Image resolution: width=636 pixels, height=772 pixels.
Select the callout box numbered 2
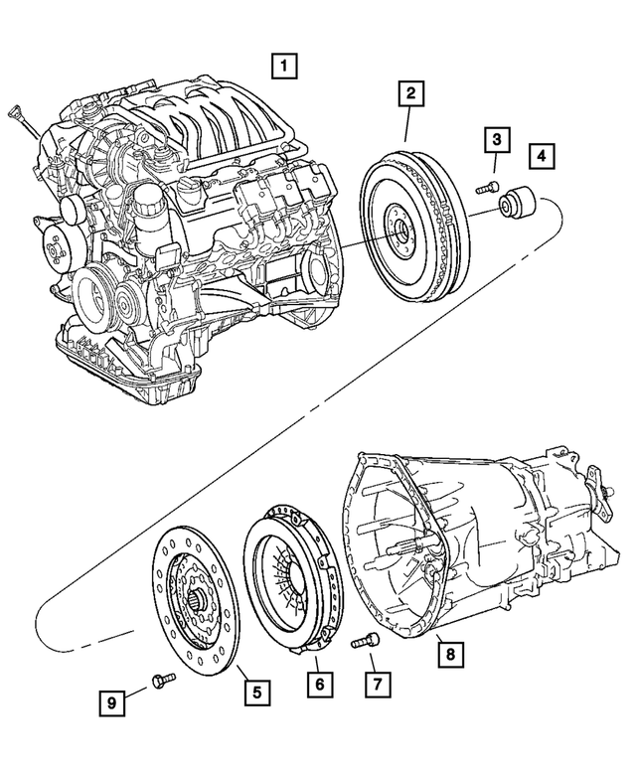(x=408, y=94)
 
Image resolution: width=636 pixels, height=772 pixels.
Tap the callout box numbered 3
(x=497, y=140)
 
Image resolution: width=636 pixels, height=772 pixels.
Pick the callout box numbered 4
(x=542, y=156)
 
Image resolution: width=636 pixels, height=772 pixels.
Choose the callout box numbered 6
(x=319, y=685)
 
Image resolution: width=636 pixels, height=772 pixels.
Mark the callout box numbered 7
(x=379, y=685)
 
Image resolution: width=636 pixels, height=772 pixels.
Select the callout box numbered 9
(x=112, y=702)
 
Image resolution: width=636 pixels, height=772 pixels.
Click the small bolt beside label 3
(x=485, y=187)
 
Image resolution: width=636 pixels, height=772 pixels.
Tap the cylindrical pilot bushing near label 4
(x=517, y=205)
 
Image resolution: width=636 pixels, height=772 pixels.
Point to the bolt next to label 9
(x=162, y=680)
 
